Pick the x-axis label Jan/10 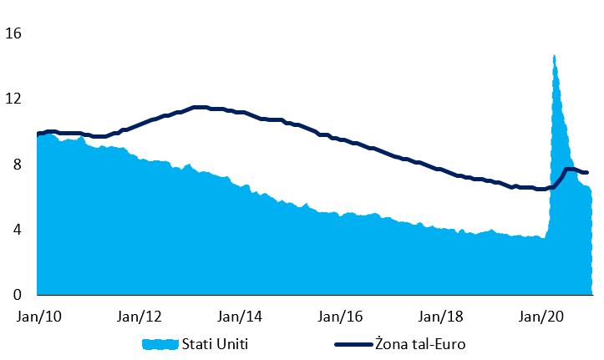[x=38, y=317]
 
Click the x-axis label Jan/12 [x=139, y=317]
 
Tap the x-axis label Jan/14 [x=239, y=317]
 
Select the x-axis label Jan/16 [x=339, y=317]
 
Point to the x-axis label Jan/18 [x=439, y=317]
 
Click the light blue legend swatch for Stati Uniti [x=161, y=344]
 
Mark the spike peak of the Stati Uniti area [x=554, y=57]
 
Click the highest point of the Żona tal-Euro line [x=199, y=107]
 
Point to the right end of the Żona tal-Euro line [x=588, y=173]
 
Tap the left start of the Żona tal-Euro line [x=38, y=134]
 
